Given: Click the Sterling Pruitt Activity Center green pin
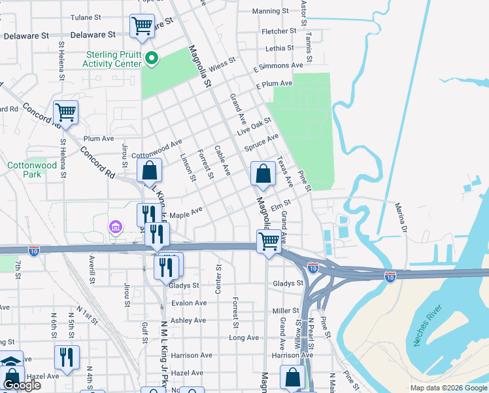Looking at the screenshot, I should pyautogui.click(x=152, y=60).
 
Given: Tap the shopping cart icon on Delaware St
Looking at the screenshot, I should pyautogui.click(x=142, y=27).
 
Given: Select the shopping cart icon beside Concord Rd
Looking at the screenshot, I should pyautogui.click(x=65, y=113).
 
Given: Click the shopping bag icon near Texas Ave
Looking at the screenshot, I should pyautogui.click(x=263, y=174).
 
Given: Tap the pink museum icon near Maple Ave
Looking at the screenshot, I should pyautogui.click(x=116, y=227).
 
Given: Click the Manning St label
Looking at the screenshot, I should pyautogui.click(x=270, y=11).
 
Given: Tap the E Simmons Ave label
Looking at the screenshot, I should pyautogui.click(x=278, y=66).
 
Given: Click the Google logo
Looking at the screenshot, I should pyautogui.click(x=22, y=385).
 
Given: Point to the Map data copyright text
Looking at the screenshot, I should pyautogui.click(x=448, y=388).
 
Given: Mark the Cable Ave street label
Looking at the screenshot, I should pyautogui.click(x=222, y=160).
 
